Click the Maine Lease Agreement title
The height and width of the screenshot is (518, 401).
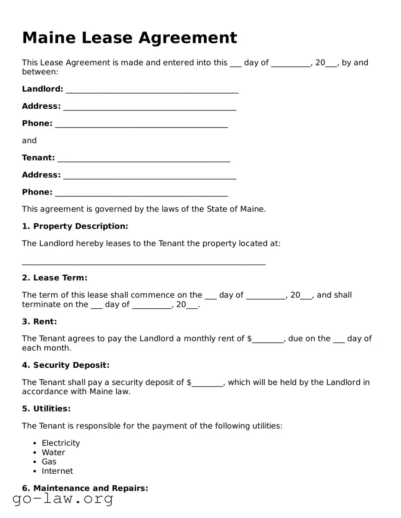[x=130, y=37]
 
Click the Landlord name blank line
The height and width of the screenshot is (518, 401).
[x=152, y=90]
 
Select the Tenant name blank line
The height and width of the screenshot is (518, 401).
[x=144, y=159]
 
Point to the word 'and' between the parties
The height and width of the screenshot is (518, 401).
[x=29, y=141]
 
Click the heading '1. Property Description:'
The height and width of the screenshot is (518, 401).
[x=75, y=226]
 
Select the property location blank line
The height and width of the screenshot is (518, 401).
[x=144, y=262]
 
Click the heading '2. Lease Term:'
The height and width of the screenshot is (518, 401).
[x=54, y=278]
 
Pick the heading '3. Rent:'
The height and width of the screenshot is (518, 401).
[x=40, y=322]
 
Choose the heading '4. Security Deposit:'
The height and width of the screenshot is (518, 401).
[x=66, y=365]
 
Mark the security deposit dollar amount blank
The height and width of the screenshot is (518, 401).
[x=207, y=383]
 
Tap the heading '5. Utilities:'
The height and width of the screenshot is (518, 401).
[x=46, y=409]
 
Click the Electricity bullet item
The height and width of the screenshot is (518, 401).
[x=61, y=443]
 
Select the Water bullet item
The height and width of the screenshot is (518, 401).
[x=54, y=453]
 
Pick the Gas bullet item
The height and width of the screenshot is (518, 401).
[x=49, y=462]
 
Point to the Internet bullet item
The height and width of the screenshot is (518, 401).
[x=57, y=471]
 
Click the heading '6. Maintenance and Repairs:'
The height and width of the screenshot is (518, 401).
[x=85, y=489]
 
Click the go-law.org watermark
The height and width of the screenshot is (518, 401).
[x=63, y=499]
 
